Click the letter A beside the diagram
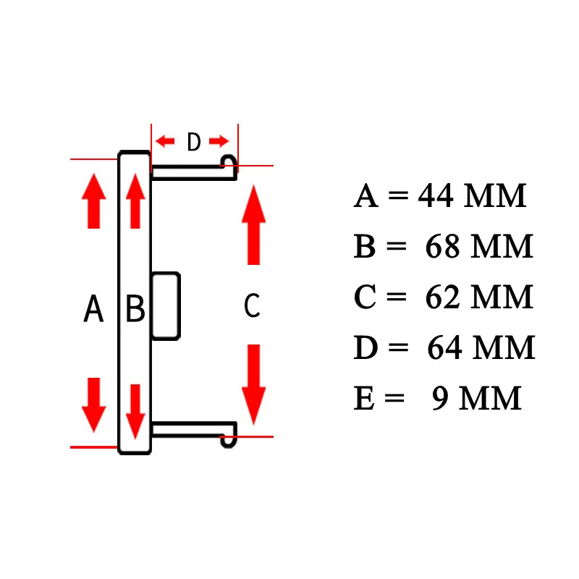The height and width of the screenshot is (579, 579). click(x=93, y=310)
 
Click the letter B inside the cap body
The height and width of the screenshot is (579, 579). click(x=135, y=310)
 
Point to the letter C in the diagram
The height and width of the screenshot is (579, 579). click(x=252, y=306)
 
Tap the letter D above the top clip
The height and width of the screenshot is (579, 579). click(x=193, y=143)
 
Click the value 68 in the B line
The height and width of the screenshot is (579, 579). click(x=444, y=248)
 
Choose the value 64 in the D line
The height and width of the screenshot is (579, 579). click(x=445, y=349)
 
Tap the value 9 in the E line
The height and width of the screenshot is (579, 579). click(x=441, y=400)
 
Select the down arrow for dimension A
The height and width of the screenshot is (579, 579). click(x=93, y=405)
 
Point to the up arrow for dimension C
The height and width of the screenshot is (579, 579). click(x=253, y=224)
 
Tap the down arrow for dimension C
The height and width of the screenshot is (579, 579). click(x=253, y=384)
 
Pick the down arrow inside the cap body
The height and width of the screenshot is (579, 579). click(x=135, y=410)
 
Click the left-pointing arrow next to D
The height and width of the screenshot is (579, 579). click(x=166, y=140)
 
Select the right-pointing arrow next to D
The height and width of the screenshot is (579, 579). click(x=219, y=140)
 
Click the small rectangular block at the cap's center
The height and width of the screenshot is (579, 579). click(x=166, y=305)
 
